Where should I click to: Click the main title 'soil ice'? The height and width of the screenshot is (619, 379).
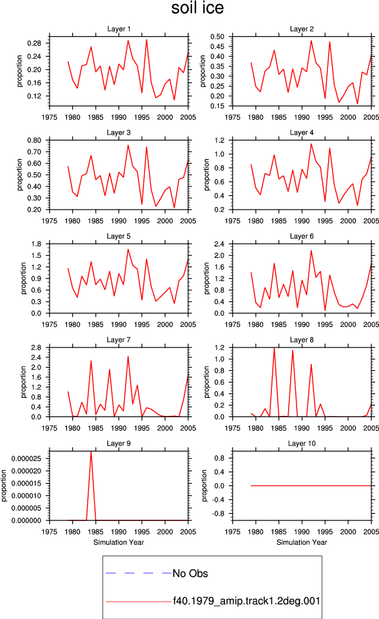pyautogui.click(x=197, y=8)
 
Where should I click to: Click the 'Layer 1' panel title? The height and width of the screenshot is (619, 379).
pyautogui.click(x=119, y=29)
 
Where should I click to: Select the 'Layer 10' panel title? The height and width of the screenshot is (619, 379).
pyautogui.click(x=302, y=444)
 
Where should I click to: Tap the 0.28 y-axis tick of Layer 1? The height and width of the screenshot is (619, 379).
pyautogui.click(x=34, y=43)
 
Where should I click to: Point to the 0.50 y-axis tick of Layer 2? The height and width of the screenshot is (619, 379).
pyautogui.click(x=217, y=36)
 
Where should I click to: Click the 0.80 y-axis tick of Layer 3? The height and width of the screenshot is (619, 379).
pyautogui.click(x=34, y=140)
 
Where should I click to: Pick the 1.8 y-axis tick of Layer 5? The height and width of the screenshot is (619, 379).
pyautogui.click(x=36, y=244)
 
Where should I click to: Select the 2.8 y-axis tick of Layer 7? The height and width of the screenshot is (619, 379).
pyautogui.click(x=36, y=348)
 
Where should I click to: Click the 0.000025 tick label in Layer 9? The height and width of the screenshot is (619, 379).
pyautogui.click(x=26, y=458)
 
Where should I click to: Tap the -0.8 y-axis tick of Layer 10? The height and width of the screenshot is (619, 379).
pyautogui.click(x=219, y=514)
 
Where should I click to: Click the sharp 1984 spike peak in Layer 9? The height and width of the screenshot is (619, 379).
pyautogui.click(x=91, y=451)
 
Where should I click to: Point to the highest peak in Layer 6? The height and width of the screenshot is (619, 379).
pyautogui.click(x=311, y=250)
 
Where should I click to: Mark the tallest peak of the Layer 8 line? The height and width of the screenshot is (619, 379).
pyautogui.click(x=274, y=348)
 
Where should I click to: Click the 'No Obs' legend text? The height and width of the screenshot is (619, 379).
pyautogui.click(x=190, y=573)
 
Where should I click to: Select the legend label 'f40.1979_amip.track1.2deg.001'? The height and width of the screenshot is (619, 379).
pyautogui.click(x=246, y=601)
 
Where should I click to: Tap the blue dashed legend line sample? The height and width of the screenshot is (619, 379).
pyautogui.click(x=139, y=573)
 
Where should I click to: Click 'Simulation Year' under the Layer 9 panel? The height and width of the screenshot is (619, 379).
pyautogui.click(x=119, y=542)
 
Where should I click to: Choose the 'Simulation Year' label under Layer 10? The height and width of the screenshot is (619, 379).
pyautogui.click(x=302, y=542)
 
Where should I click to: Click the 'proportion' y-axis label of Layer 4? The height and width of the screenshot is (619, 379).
pyautogui.click(x=206, y=175)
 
